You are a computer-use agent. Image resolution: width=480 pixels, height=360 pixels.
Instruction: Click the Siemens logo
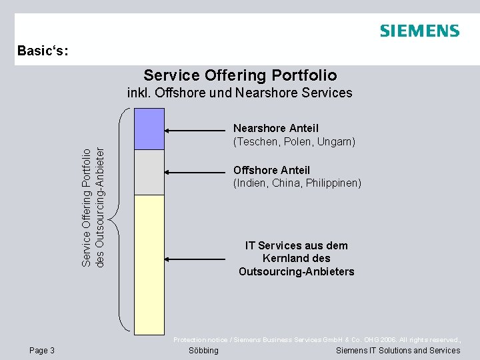(x=419, y=31)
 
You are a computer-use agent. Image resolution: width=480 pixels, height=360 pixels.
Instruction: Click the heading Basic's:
(x=43, y=51)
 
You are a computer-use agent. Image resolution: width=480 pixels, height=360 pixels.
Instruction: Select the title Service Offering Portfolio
(x=240, y=75)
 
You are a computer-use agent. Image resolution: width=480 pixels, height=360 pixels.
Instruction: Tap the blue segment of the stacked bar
(x=149, y=129)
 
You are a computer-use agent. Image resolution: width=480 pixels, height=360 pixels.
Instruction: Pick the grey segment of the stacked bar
(x=149, y=172)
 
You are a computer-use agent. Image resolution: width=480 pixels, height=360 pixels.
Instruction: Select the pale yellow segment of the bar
(x=149, y=263)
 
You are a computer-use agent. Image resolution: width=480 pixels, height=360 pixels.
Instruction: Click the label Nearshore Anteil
(x=276, y=128)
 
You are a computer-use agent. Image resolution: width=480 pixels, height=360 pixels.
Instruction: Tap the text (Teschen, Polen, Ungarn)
(x=294, y=141)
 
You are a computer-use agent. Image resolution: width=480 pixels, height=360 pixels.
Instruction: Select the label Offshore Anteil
(x=271, y=170)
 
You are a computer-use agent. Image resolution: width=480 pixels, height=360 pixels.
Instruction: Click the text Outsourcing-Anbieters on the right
(x=296, y=271)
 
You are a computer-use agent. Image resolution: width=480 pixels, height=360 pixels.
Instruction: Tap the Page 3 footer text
(x=43, y=351)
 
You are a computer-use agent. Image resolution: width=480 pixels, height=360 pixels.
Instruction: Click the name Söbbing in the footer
(x=203, y=351)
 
